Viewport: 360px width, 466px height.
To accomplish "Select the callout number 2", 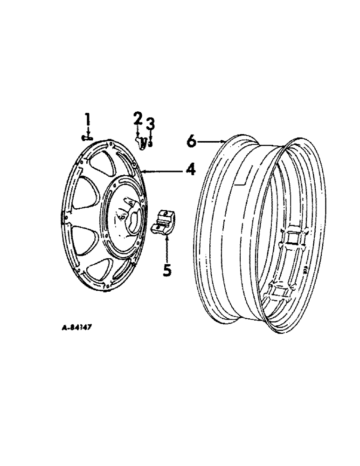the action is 137,119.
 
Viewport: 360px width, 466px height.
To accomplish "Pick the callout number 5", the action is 166,269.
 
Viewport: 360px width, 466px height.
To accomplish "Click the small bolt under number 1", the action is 86,137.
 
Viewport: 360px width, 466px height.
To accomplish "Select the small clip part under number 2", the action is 141,141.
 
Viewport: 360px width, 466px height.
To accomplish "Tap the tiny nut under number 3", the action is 150,143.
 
